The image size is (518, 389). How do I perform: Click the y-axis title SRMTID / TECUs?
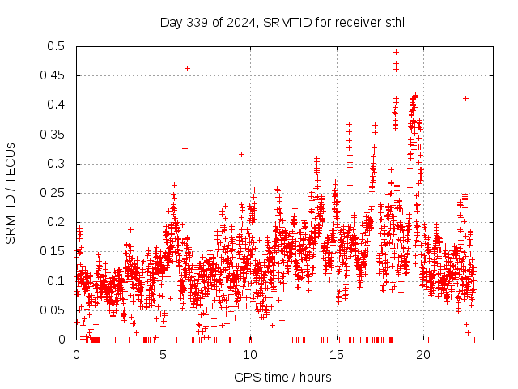(x=11, y=193)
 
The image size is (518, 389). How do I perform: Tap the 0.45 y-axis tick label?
(x=55, y=75)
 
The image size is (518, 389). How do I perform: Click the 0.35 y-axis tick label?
(x=55, y=135)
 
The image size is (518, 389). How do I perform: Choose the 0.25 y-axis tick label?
(x=55, y=193)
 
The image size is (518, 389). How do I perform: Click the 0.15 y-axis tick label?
(x=55, y=251)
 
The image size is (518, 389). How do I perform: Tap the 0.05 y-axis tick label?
(x=55, y=310)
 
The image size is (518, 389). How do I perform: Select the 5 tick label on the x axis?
(x=163, y=354)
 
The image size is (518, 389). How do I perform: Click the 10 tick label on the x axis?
(x=251, y=354)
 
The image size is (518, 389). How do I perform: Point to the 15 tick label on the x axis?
(x=338, y=354)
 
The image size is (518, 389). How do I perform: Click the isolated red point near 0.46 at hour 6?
(x=187, y=68)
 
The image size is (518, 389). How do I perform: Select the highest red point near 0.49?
(x=396, y=52)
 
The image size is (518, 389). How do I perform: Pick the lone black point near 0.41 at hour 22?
(x=465, y=98)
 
